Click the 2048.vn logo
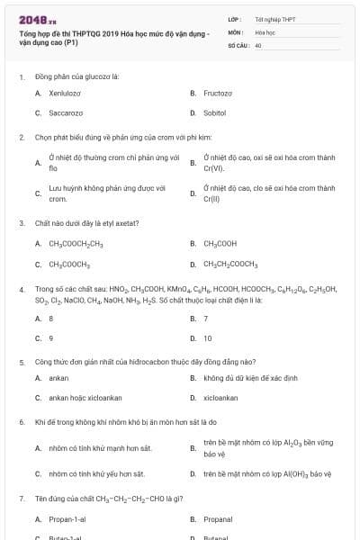click(37, 19)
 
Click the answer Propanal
click(218, 519)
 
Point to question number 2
click(22, 138)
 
